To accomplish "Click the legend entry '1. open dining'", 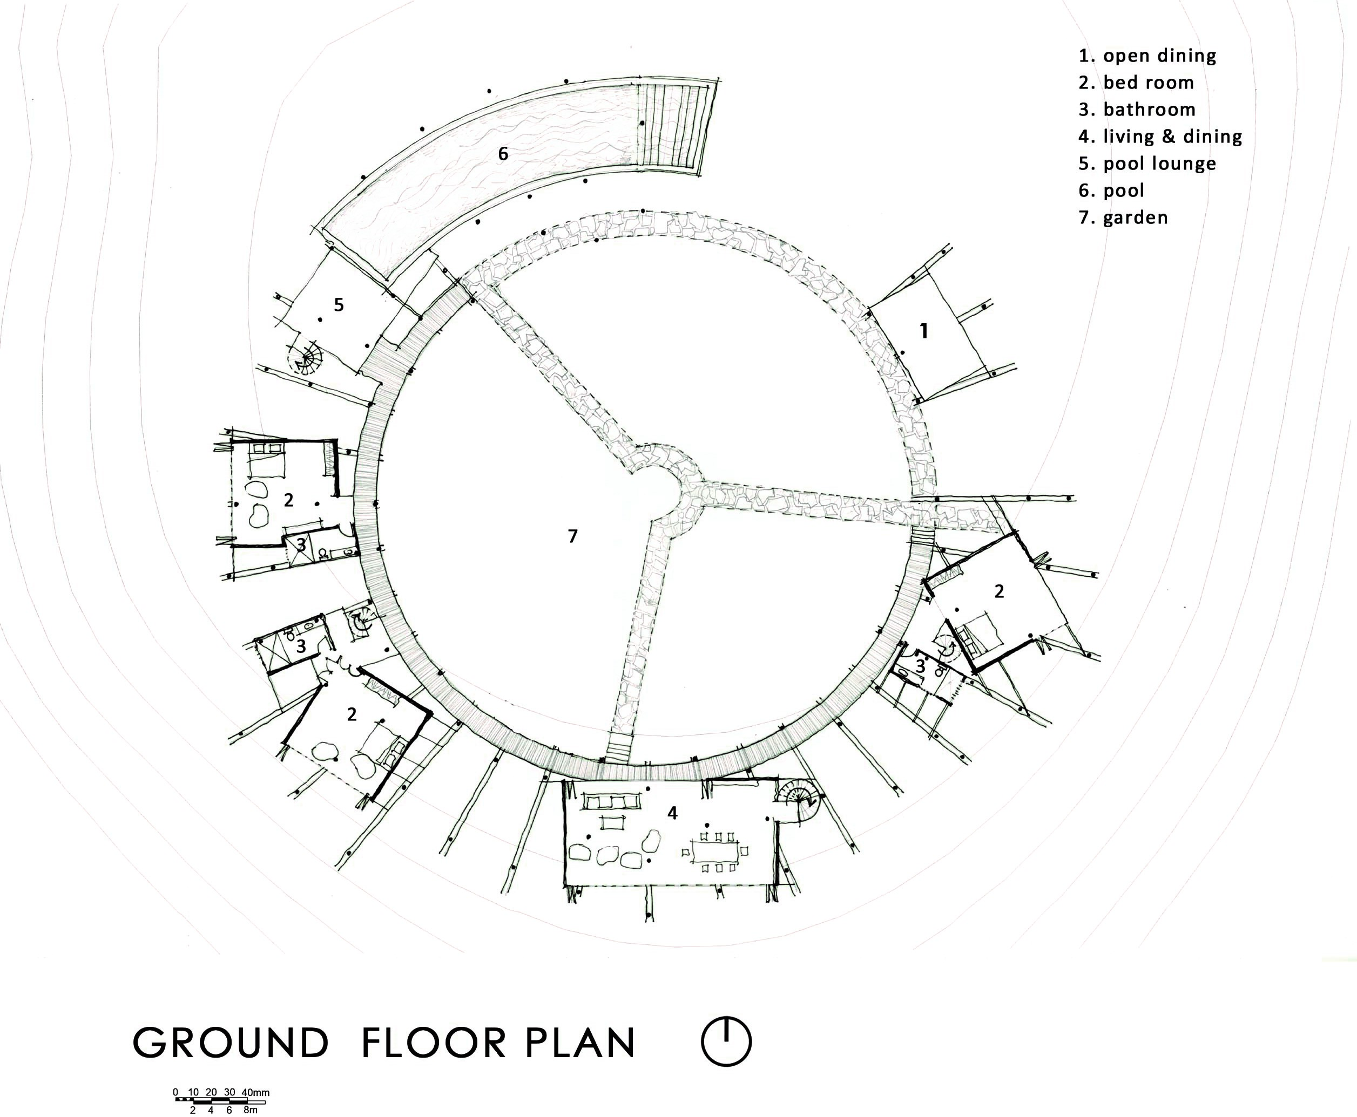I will click(1147, 56).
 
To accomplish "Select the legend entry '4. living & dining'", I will click(1160, 137).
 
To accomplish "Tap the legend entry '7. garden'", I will click(1123, 217).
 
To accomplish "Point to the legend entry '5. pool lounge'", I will click(1147, 164).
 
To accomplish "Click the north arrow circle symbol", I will click(726, 1041).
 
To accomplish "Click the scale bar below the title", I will click(219, 1101).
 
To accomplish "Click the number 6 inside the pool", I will click(503, 154).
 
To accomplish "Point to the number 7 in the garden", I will click(572, 536).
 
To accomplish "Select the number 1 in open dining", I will click(924, 331).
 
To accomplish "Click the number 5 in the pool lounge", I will click(339, 305).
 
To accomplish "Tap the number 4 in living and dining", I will click(672, 813).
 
